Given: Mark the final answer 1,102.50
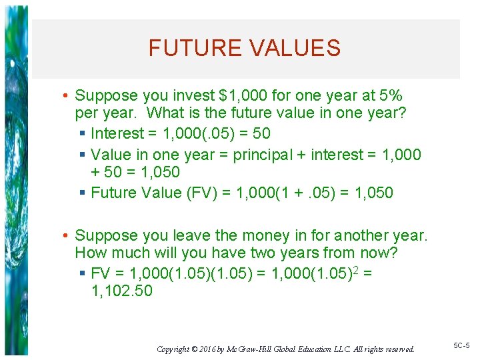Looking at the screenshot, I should click(x=121, y=291).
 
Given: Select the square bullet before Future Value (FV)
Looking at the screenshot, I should click(x=82, y=193).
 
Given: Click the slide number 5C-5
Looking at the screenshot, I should click(x=461, y=346).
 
